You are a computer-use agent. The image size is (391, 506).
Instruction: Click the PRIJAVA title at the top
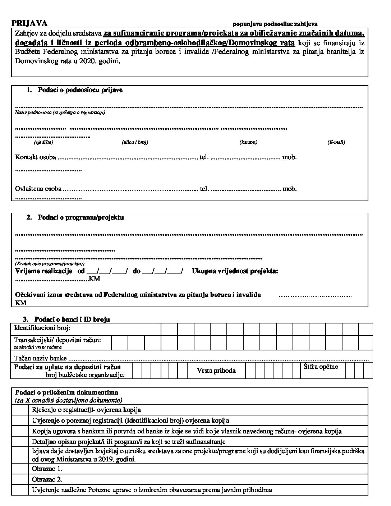click(x=29, y=23)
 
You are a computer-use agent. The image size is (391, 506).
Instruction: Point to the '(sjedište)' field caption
click(x=43, y=142)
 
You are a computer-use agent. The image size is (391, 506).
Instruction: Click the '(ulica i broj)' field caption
click(x=135, y=142)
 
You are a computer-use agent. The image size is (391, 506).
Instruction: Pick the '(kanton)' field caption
click(x=248, y=142)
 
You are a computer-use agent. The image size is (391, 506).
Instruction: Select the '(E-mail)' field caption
click(x=336, y=142)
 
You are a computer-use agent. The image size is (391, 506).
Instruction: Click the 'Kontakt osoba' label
click(x=36, y=157)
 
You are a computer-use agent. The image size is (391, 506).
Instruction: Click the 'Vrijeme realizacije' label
click(x=43, y=271)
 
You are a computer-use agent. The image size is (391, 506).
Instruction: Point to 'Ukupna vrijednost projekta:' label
click(x=235, y=271)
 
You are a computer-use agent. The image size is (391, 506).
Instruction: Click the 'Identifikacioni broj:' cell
click(x=42, y=328)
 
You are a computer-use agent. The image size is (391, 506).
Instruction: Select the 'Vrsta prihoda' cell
click(x=216, y=371)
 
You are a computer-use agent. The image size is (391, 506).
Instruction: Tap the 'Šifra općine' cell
click(x=321, y=367)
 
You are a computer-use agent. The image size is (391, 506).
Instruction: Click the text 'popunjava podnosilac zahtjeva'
click(x=275, y=24)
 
